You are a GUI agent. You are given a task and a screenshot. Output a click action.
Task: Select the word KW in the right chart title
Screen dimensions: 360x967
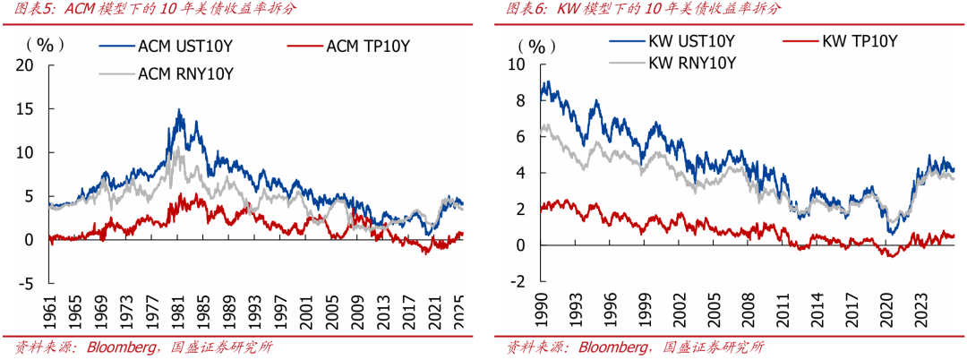click(x=568, y=9)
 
